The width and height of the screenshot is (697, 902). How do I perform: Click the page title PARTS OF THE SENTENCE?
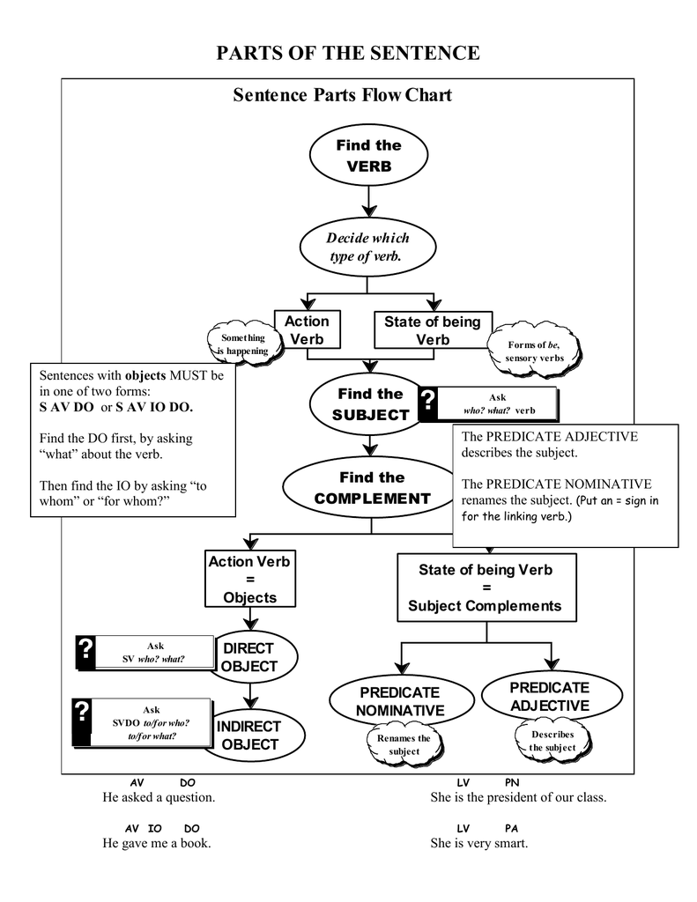pos(348,53)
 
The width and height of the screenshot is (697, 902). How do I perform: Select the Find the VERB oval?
pos(367,156)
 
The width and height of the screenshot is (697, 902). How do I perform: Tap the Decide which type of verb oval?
pos(367,248)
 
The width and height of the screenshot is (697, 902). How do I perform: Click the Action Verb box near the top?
pos(307,330)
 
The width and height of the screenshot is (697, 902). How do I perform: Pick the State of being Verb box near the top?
pos(432,330)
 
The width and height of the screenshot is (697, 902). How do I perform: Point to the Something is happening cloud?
pos(242,344)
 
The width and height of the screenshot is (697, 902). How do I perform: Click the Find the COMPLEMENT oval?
pos(371,488)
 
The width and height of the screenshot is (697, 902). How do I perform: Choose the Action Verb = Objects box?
pos(249,580)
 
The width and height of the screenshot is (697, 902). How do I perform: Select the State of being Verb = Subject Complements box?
pos(485,588)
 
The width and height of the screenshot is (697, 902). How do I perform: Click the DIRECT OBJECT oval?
pos(250,657)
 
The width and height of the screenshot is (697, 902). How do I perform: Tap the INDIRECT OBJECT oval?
pos(249,736)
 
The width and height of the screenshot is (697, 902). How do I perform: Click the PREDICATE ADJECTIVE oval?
pos(549,696)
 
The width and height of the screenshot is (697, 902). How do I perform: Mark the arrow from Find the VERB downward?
pos(367,199)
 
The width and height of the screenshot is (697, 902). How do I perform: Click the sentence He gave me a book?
pos(157,843)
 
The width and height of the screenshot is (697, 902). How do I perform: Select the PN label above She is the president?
pos(511,782)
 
